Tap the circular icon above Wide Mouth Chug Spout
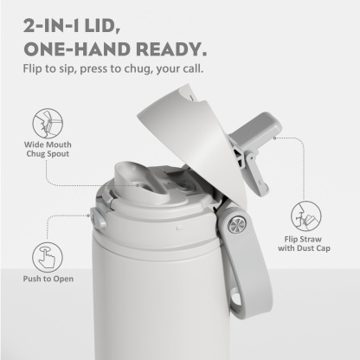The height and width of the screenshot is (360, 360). [48, 120]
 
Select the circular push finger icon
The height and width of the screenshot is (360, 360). [48, 255]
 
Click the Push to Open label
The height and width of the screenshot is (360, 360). [48, 280]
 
